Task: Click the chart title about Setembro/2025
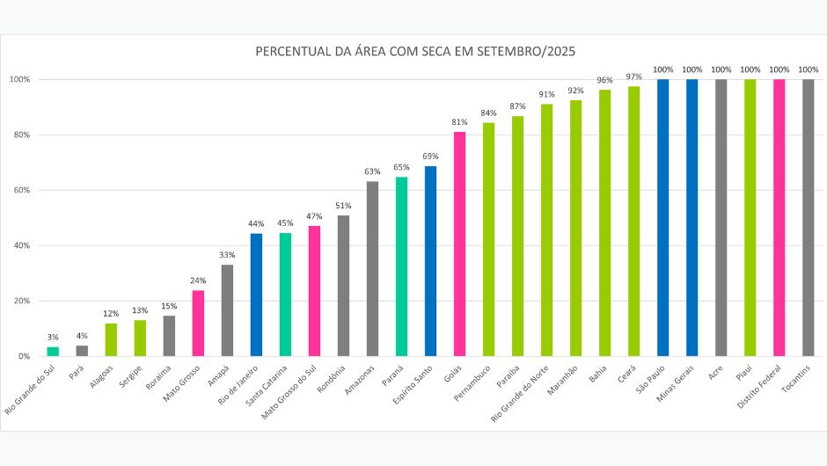pos(415,52)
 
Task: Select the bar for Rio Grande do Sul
pos(53,352)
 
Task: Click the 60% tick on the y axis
pos(20,190)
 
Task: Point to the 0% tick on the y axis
pos(24,356)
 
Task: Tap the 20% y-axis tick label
pos(20,301)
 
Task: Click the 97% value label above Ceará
pos(633,76)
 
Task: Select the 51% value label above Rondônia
pos(343,206)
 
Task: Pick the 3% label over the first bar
pos(53,338)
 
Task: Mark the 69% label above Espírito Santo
pos(430,157)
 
